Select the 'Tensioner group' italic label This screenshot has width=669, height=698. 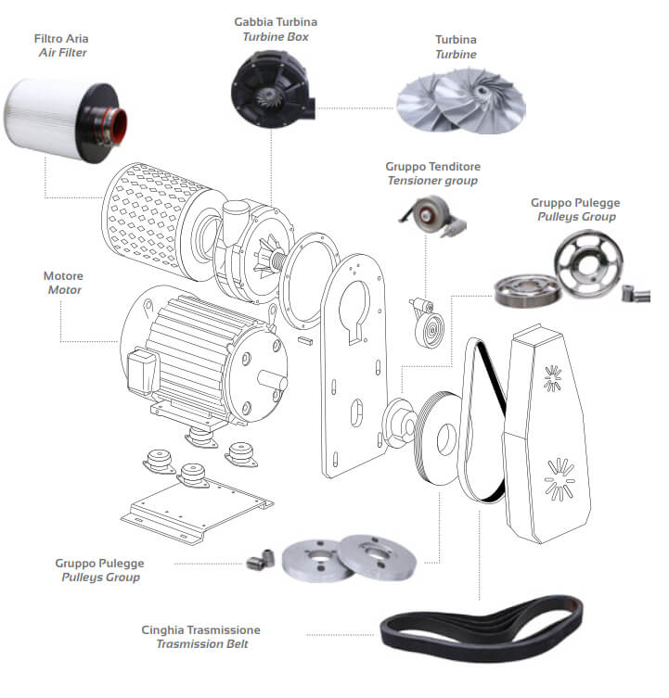(432, 180)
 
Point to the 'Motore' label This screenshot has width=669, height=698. (63, 275)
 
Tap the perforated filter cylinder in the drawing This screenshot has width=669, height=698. (142, 220)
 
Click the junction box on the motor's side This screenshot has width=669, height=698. (139, 371)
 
